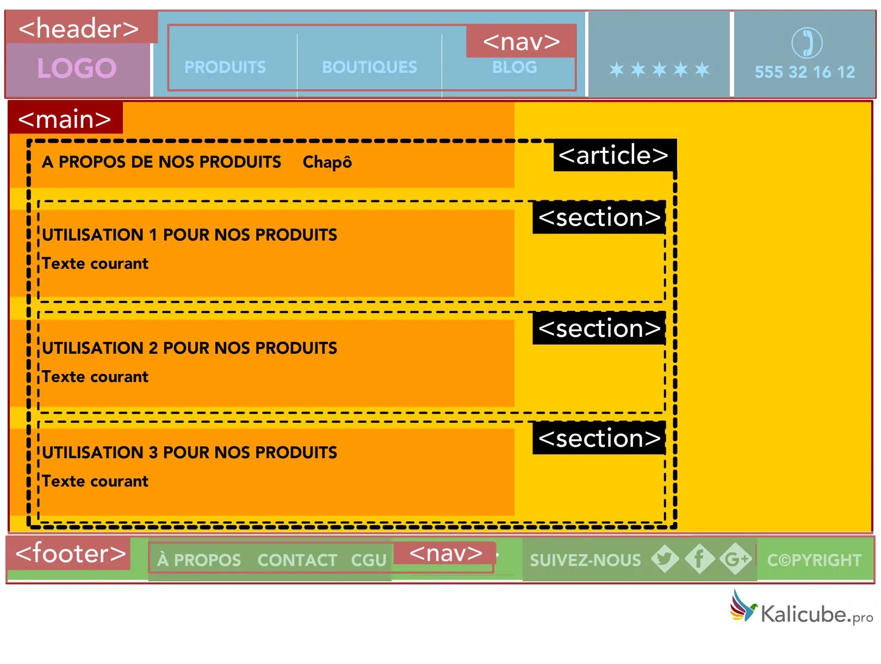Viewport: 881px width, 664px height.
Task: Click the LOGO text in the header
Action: click(x=77, y=69)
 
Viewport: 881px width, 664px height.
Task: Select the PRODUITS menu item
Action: click(x=225, y=67)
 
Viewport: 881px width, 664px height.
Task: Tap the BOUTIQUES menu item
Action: click(x=369, y=67)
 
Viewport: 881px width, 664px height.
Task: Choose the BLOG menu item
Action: click(x=514, y=67)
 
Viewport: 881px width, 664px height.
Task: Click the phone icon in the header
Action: click(x=806, y=42)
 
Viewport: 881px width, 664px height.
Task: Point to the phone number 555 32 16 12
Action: click(x=805, y=72)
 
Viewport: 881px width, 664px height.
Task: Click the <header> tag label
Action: click(x=79, y=28)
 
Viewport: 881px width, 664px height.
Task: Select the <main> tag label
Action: click(x=65, y=119)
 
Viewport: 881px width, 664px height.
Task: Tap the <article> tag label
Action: click(x=613, y=155)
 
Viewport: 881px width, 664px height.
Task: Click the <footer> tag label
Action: click(x=71, y=554)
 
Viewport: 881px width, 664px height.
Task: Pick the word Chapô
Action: click(x=327, y=162)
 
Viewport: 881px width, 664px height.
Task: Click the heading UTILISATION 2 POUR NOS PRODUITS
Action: click(x=190, y=348)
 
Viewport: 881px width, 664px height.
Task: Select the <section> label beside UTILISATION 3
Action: click(x=599, y=438)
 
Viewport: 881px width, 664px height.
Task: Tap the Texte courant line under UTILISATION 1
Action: click(x=95, y=263)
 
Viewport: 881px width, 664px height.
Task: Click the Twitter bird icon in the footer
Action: click(x=665, y=558)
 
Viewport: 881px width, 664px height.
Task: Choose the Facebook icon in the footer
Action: click(x=699, y=558)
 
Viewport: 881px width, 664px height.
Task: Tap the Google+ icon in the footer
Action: click(x=736, y=558)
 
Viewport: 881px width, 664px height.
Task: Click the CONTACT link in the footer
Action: click(x=297, y=560)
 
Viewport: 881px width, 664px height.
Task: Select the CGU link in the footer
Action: click(x=369, y=560)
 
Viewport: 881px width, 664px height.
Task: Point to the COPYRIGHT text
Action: click(x=814, y=560)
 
